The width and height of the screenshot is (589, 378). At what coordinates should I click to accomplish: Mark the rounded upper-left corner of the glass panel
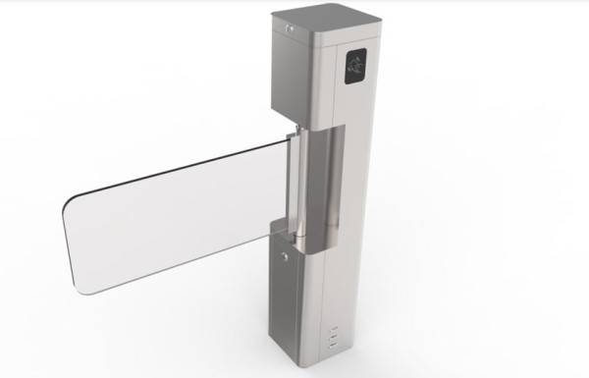pos(71,200)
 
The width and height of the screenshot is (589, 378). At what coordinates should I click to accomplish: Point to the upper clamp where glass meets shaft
pos(294,142)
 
